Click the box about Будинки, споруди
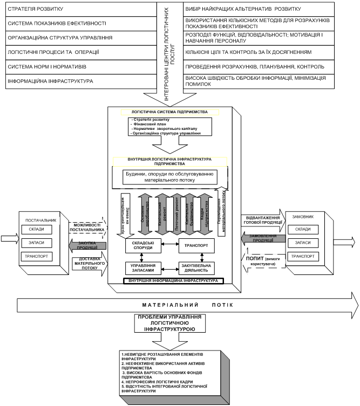[169, 176]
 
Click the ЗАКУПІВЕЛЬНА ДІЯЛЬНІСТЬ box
[196, 268]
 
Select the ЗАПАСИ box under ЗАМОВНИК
[302, 243]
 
